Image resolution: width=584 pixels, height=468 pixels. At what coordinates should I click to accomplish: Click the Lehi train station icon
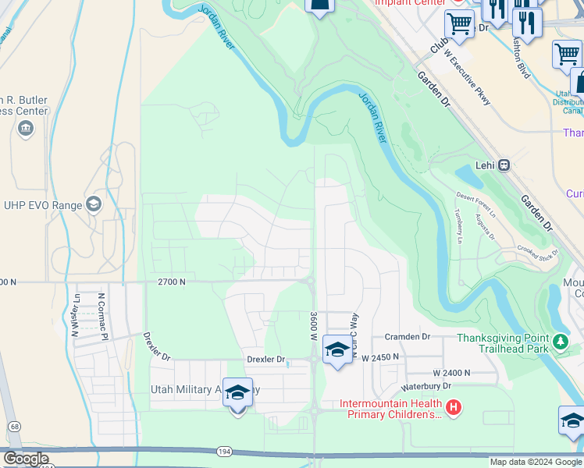(x=504, y=165)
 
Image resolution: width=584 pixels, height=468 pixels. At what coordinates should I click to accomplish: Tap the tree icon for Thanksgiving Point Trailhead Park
(x=559, y=341)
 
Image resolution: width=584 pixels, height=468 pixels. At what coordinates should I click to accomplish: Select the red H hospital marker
(x=452, y=406)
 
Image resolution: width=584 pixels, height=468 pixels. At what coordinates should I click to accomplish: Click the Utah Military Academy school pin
(x=237, y=393)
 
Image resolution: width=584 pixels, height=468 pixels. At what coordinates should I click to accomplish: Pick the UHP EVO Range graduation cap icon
(x=94, y=204)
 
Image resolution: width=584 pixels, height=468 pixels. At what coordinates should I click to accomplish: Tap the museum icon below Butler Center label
(x=25, y=128)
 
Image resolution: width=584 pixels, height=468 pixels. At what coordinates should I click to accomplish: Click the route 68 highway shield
(x=15, y=427)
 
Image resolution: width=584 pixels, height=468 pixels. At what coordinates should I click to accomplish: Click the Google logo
(x=25, y=458)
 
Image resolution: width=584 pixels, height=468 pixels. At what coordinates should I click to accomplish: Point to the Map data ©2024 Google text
(x=535, y=462)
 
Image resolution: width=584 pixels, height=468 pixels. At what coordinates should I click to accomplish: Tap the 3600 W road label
(x=312, y=326)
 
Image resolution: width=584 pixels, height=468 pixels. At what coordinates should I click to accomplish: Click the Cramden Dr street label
(x=407, y=336)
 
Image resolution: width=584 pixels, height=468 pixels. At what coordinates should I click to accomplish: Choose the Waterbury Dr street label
(x=426, y=386)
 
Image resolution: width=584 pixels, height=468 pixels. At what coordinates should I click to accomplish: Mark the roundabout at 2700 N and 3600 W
(x=311, y=281)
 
